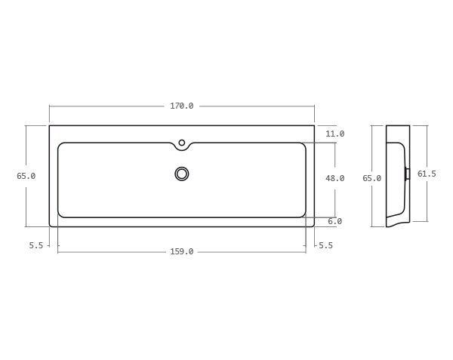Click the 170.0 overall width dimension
[181, 106]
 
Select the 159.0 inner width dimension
[181, 251]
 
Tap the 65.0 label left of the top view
[26, 176]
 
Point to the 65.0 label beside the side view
[371, 178]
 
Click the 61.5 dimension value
[427, 174]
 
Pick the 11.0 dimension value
[334, 134]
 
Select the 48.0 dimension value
[334, 178]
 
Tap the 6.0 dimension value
[334, 221]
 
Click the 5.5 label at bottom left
[36, 245]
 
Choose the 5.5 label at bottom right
[325, 245]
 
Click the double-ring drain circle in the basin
[181, 174]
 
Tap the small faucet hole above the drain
[181, 142]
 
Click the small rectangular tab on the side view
[408, 174]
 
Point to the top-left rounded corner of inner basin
[60, 145]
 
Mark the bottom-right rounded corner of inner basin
[303, 214]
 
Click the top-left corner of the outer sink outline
[50, 125]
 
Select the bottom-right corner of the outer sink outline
[313, 226]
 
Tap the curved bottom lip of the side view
[397, 222]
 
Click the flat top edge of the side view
[398, 125]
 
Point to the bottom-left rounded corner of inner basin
[60, 214]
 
